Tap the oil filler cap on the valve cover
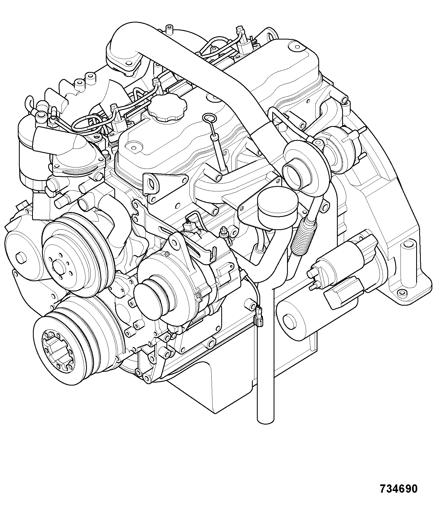click(x=167, y=107)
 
